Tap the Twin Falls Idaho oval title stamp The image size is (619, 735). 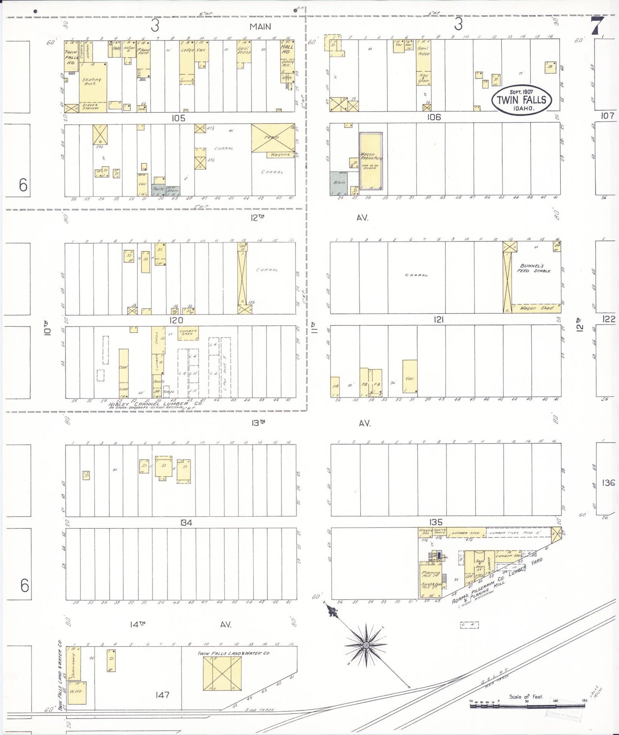point(521,100)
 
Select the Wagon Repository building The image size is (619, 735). point(370,161)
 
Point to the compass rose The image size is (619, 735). point(366,645)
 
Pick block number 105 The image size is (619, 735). point(178,118)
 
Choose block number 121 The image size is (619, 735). point(438,319)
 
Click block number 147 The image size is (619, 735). point(162,695)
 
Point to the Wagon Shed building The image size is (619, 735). point(537,308)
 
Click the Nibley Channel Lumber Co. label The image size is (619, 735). point(155,404)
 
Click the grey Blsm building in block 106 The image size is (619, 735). point(338,183)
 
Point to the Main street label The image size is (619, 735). point(260,27)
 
